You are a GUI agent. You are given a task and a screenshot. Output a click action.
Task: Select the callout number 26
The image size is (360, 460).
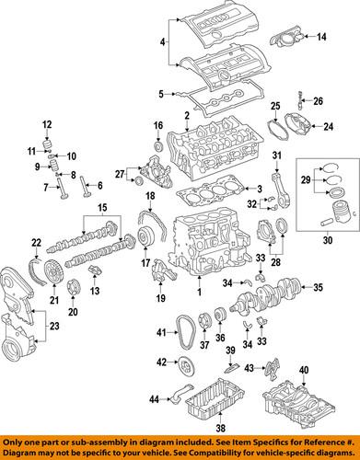pyautogui.click(x=319, y=101)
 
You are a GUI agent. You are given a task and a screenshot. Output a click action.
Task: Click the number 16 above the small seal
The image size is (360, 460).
pyautogui.click(x=157, y=125)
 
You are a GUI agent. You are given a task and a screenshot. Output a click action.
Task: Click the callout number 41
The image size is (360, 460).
pyautogui.click(x=160, y=331)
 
